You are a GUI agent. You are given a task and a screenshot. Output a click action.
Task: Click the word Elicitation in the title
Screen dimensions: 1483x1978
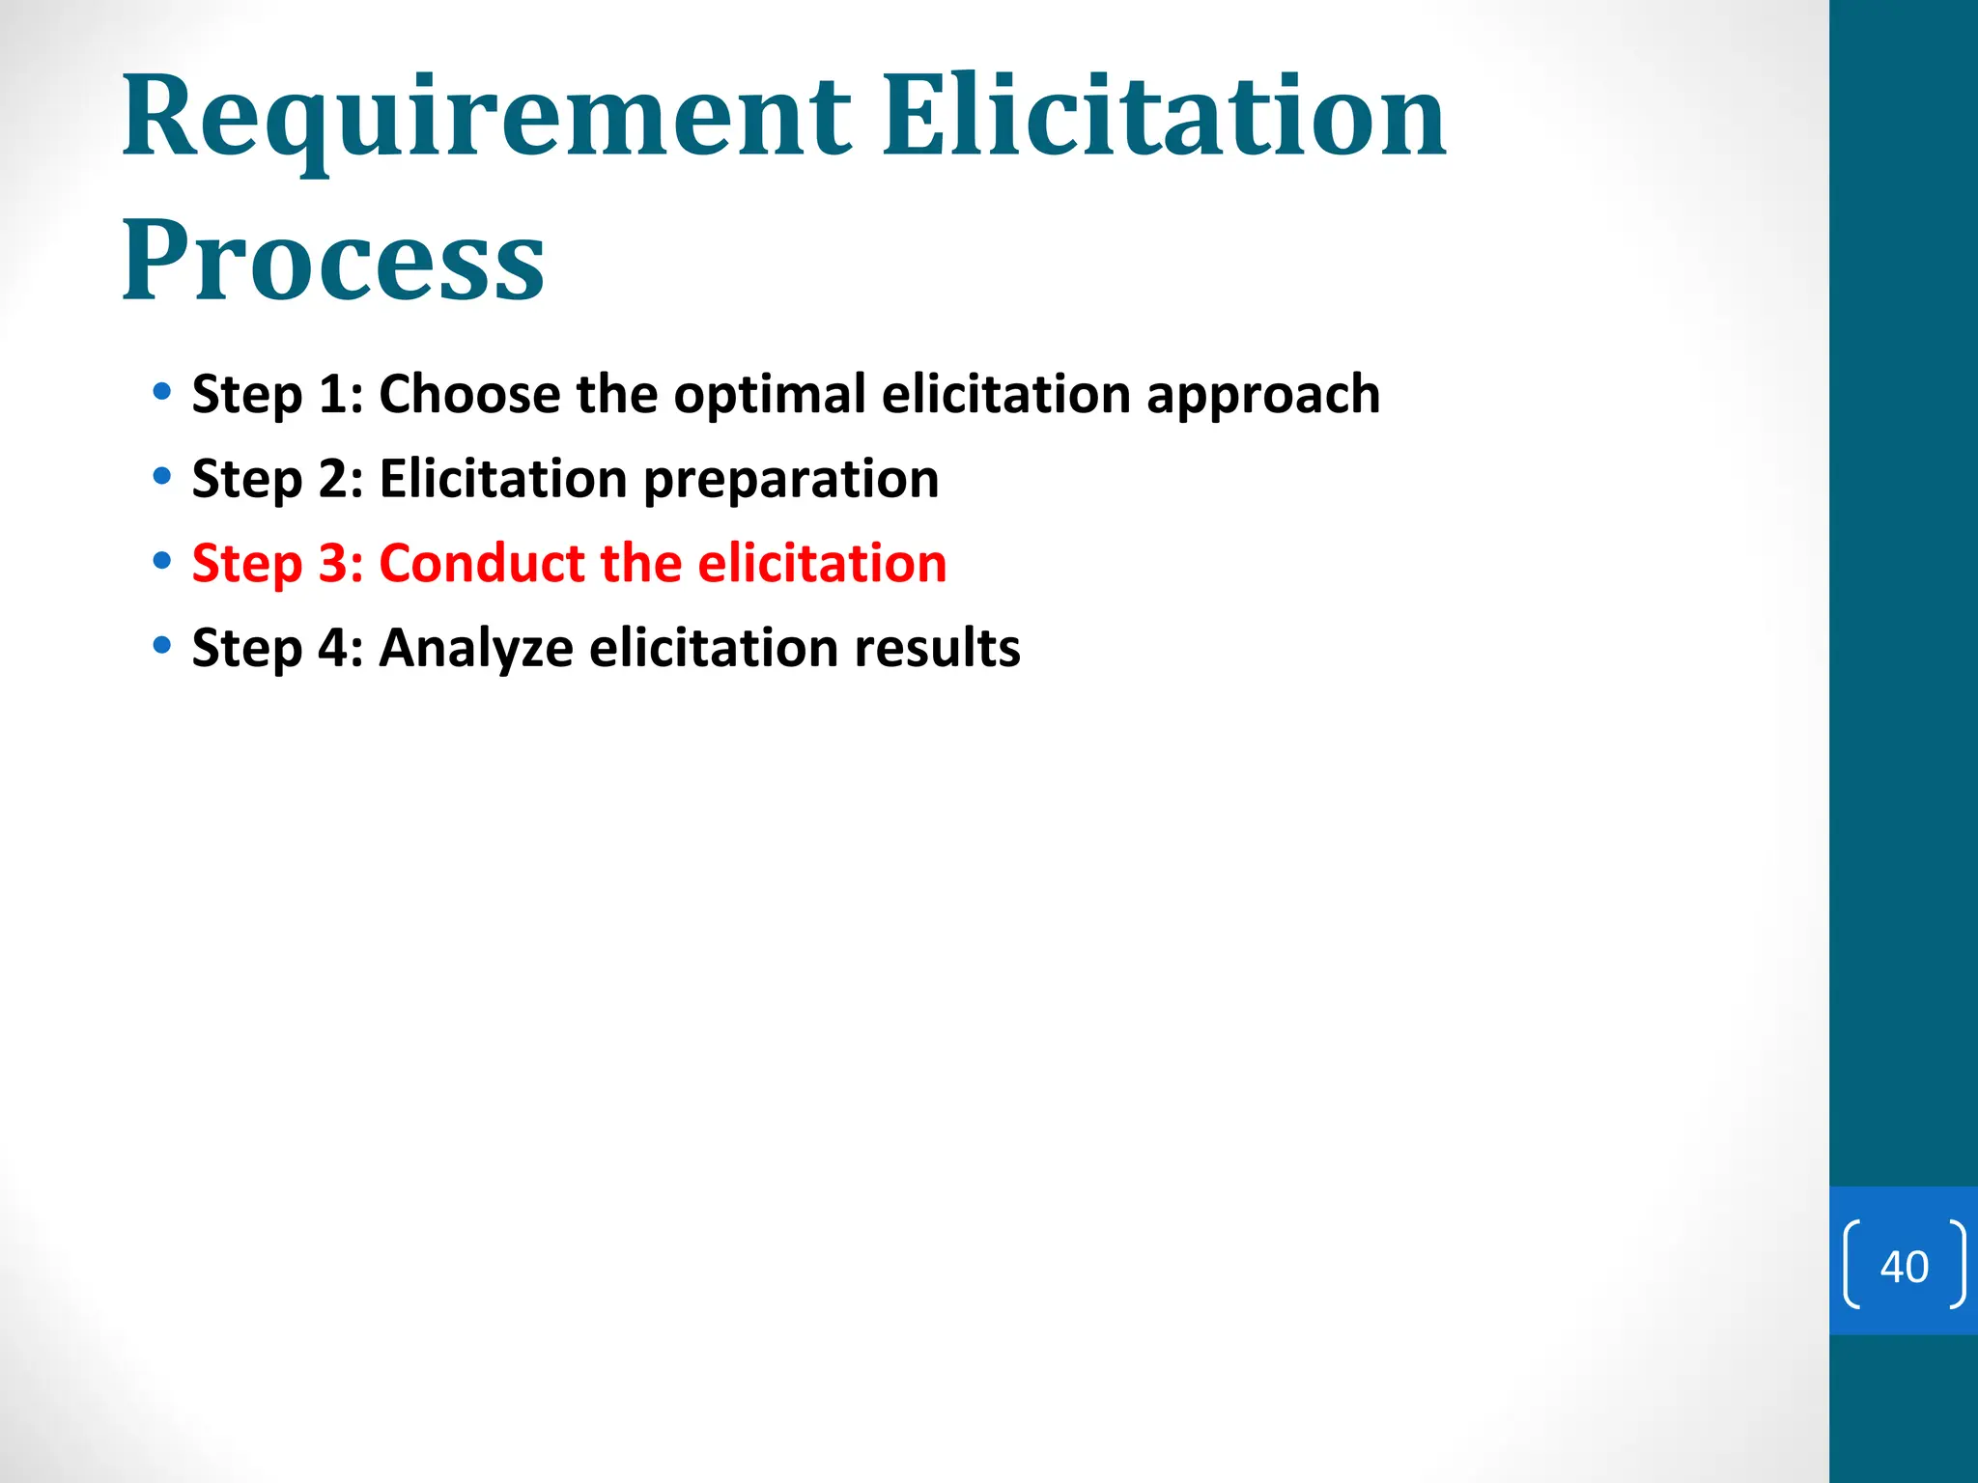[x=1164, y=118]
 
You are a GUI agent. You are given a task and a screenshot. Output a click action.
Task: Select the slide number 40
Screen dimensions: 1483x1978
[x=1904, y=1267]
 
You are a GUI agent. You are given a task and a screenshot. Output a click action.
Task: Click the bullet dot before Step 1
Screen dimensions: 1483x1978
[x=162, y=392]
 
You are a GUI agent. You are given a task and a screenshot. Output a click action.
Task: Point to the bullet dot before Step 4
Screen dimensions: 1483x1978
[x=162, y=645]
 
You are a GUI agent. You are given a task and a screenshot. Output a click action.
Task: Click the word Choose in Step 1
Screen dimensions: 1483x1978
[x=469, y=394]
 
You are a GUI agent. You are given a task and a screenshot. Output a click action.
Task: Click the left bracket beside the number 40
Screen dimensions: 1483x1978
[x=1851, y=1265]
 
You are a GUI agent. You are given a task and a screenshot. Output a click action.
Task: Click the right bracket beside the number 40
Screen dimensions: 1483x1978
[x=1956, y=1265]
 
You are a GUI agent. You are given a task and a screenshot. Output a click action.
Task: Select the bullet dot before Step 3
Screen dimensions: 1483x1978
[x=162, y=561]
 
